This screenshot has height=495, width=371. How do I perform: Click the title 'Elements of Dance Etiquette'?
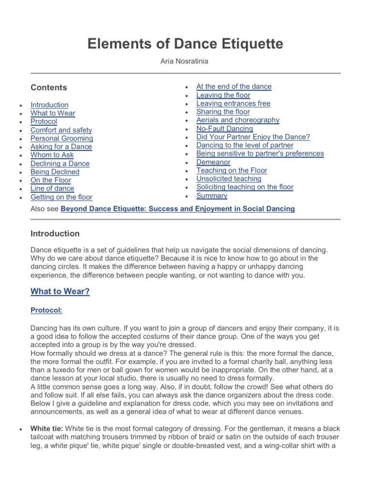(185, 44)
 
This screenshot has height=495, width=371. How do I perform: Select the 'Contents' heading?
(49, 87)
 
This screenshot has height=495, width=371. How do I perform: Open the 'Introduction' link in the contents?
(49, 105)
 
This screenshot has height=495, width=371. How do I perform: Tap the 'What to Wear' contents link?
(53, 113)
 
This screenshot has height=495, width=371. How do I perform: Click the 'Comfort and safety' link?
(61, 130)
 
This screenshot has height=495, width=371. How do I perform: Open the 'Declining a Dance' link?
(60, 163)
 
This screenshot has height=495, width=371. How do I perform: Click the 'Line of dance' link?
(52, 189)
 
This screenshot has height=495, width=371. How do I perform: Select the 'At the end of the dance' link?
(234, 87)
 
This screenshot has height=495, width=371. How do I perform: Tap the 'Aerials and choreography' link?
(238, 120)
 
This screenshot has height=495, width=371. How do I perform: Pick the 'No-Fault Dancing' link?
(224, 129)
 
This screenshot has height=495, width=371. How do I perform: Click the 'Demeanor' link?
(213, 162)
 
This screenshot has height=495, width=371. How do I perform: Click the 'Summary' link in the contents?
(212, 196)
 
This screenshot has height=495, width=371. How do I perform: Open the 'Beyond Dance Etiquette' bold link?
(177, 209)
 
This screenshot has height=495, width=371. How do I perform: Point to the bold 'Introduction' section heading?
(55, 233)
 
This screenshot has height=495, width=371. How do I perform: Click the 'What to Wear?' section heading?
(60, 291)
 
